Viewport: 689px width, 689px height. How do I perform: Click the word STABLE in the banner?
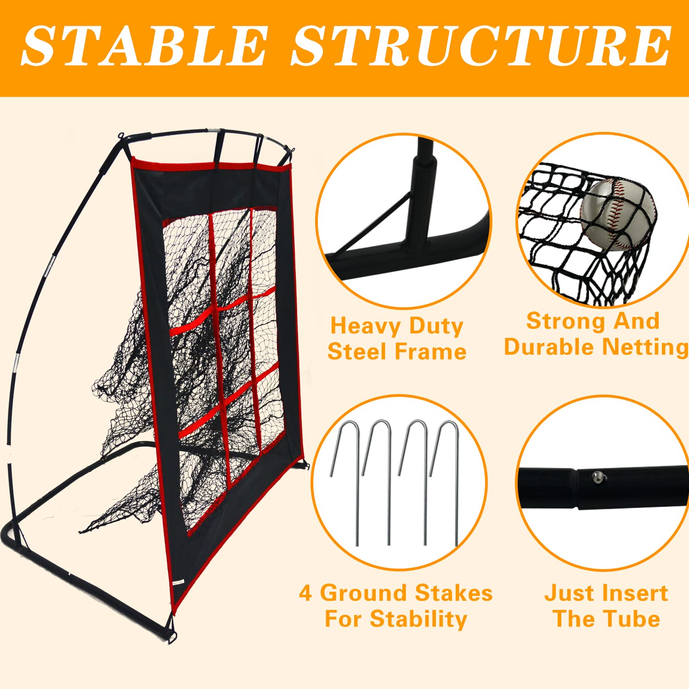(x=145, y=46)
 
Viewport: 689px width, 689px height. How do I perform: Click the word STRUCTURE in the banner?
(x=480, y=46)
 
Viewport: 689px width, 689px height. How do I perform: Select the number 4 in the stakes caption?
(x=305, y=593)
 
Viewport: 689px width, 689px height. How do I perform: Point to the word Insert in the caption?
(x=634, y=593)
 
